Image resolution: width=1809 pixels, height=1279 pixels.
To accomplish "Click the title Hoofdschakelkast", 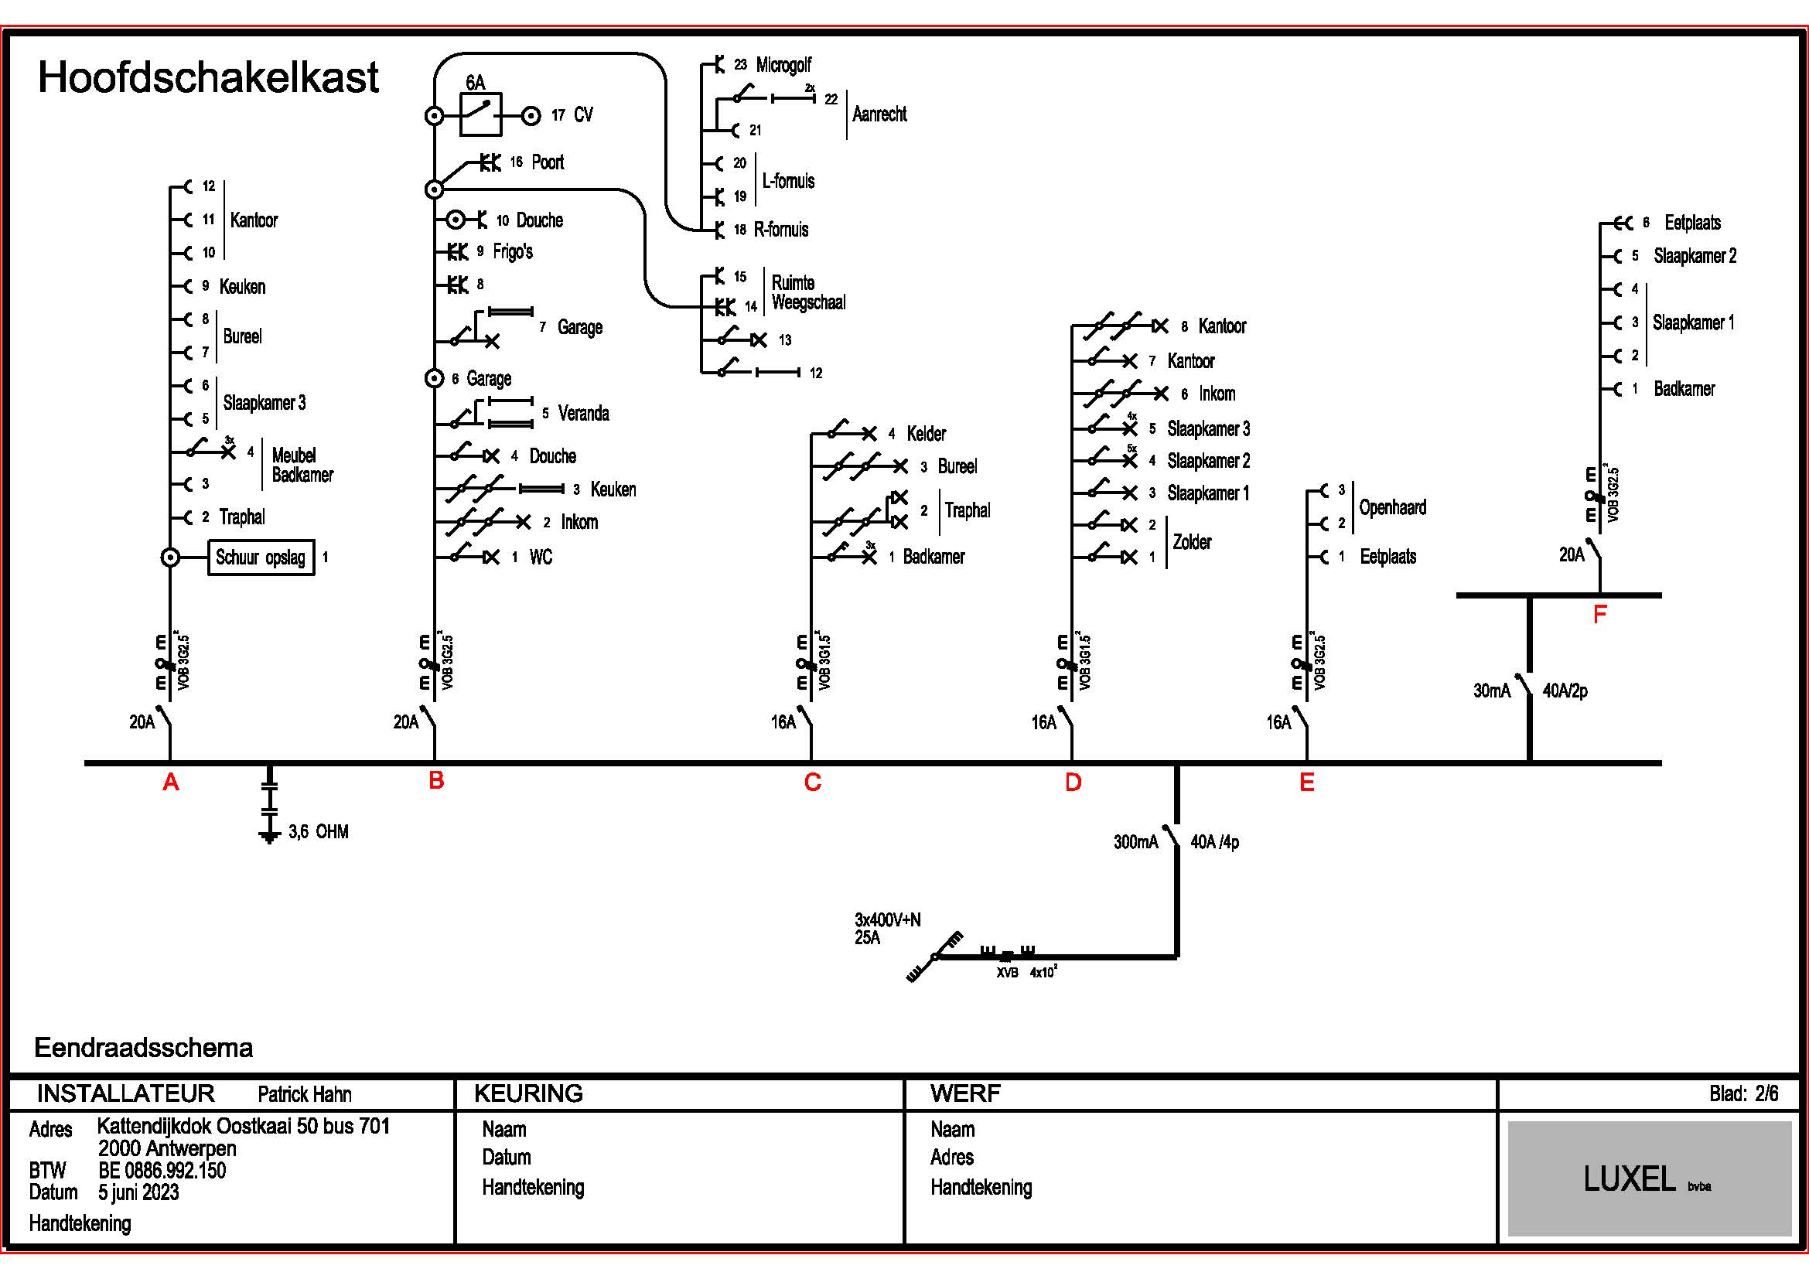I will point(208,77).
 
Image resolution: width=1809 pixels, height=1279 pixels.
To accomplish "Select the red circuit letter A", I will point(170,782).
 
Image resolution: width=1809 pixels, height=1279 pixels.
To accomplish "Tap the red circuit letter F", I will point(1599,614).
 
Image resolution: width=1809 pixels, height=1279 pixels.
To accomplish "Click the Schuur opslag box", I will point(261,558).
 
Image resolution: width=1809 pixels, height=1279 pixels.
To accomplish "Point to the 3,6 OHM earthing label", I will point(319,832).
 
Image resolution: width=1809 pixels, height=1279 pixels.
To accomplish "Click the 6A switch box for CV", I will point(480,116).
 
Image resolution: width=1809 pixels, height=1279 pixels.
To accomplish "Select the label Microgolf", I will point(783,65).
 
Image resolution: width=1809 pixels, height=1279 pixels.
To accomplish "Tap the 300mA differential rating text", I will point(1135,842).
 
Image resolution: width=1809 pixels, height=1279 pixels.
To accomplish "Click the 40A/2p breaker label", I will point(1565,691).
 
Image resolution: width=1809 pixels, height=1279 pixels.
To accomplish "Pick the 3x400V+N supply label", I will point(887,920).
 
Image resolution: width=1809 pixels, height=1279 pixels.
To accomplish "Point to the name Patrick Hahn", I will point(304,1094).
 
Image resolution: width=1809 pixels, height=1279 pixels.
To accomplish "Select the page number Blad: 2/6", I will point(1743,1093).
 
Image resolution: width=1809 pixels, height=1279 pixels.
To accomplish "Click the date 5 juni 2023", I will point(138,1192).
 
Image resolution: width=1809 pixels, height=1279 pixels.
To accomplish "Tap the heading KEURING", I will point(528,1093).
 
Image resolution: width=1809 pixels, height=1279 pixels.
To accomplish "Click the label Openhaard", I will point(1392,507).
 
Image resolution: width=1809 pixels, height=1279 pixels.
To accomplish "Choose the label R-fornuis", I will point(781,230).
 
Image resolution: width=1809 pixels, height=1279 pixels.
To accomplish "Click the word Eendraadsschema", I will point(143,1048).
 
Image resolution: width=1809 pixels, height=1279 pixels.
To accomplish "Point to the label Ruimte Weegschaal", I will point(808,292).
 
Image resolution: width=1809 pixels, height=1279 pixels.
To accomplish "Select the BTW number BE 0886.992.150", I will point(162,1170).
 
